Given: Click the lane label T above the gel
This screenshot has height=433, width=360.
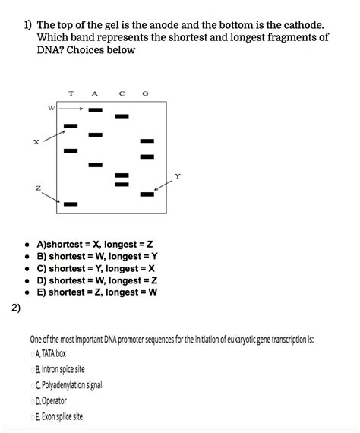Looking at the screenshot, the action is click(x=71, y=93).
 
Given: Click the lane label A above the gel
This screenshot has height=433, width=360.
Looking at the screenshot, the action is click(x=95, y=93).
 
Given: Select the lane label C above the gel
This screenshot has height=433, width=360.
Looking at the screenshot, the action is click(x=122, y=93).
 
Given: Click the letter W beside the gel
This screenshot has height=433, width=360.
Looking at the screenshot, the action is click(x=51, y=108).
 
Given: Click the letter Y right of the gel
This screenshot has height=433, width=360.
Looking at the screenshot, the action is click(x=178, y=175).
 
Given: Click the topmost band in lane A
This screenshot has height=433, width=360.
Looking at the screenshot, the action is click(x=95, y=110).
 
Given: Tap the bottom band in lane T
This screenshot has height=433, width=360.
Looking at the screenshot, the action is click(x=71, y=204).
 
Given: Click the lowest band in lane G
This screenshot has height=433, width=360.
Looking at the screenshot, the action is click(x=147, y=194).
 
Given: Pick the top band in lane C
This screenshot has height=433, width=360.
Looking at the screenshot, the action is click(x=122, y=116).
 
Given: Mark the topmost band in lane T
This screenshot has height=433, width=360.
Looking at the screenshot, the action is click(x=71, y=126).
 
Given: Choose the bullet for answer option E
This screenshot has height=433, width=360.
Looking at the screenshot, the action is click(x=27, y=292).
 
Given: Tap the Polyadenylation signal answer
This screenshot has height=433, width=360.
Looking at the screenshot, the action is click(x=71, y=385).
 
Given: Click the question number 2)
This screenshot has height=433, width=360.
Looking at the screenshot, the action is click(x=17, y=308).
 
